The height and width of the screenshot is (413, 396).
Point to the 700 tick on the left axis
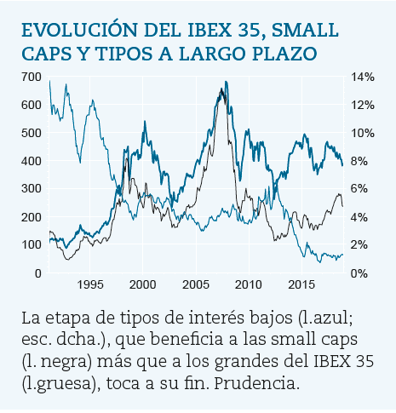click(x=32, y=77)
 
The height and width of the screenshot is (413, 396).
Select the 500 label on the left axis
click(x=32, y=133)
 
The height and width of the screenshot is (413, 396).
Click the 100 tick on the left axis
click(x=32, y=245)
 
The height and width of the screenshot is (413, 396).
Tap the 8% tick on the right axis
click(x=361, y=161)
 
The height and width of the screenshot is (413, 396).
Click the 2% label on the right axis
click(x=361, y=245)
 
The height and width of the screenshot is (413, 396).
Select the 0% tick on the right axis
click(x=361, y=273)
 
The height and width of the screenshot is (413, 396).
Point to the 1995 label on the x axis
click(x=90, y=284)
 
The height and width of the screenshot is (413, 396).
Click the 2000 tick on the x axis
click(x=143, y=284)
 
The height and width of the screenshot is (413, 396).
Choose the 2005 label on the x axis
click(x=196, y=284)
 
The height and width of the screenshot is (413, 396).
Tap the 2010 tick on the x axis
click(x=249, y=284)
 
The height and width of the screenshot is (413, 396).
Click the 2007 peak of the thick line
click(x=226, y=83)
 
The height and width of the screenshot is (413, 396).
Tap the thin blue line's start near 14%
click(x=49, y=82)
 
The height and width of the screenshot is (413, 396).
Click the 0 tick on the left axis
click(x=37, y=273)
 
